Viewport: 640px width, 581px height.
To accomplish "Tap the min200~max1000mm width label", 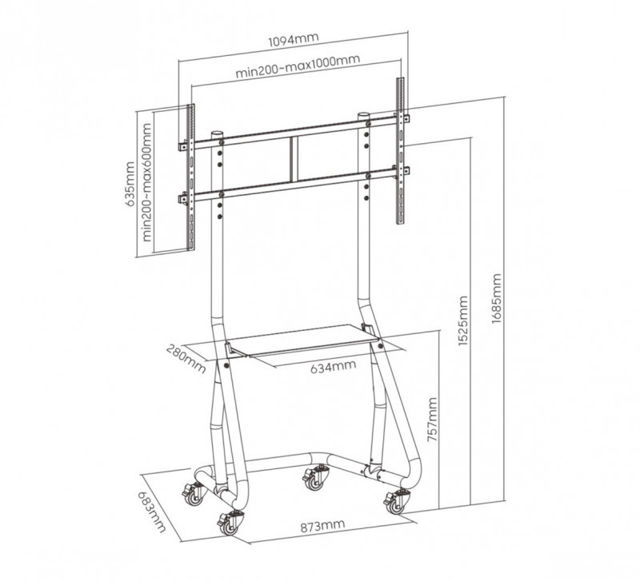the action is [x=298, y=66].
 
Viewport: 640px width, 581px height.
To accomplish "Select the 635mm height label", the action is [x=130, y=185].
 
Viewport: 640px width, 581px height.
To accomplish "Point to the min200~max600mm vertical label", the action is [x=146, y=182].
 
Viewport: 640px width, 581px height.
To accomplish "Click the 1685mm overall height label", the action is [x=496, y=298].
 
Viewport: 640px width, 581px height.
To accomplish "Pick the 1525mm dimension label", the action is [x=462, y=321].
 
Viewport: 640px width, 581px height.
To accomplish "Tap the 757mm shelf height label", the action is [x=432, y=420].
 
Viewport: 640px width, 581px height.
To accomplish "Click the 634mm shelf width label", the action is [x=333, y=367].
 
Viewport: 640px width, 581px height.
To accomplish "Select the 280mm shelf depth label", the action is [x=186, y=359].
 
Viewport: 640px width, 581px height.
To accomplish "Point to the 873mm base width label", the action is [x=322, y=526].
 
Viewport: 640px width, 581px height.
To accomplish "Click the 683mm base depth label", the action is [x=152, y=511].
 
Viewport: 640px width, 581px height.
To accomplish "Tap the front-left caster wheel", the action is [x=228, y=525].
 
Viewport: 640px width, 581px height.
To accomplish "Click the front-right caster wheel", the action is [x=395, y=503].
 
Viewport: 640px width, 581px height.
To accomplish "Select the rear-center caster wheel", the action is [x=315, y=479].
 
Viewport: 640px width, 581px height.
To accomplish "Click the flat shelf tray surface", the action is [x=303, y=339].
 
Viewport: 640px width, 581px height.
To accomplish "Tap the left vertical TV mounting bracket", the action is [x=190, y=177].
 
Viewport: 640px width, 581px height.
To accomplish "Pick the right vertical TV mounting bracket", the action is [x=401, y=150].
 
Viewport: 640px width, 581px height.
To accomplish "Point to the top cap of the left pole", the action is [x=217, y=133].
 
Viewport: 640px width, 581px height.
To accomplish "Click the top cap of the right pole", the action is [x=364, y=116].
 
